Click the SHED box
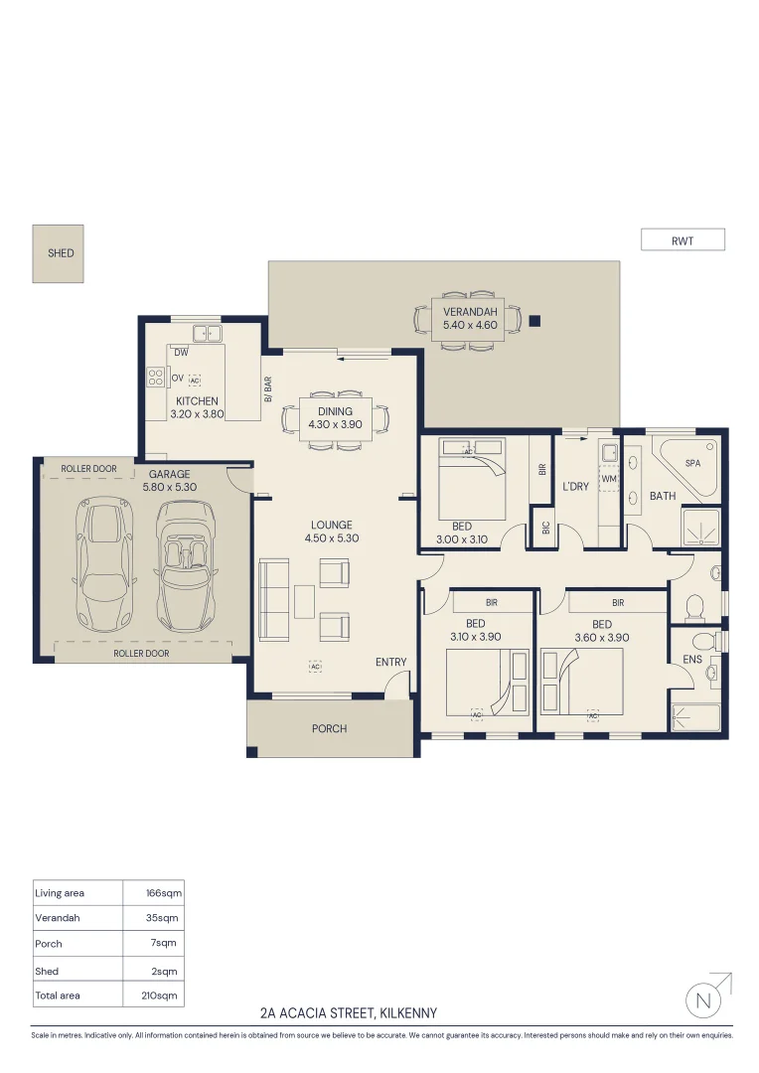[x=61, y=252]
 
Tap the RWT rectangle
[x=683, y=239]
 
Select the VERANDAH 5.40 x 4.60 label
[x=470, y=318]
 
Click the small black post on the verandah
[x=534, y=320]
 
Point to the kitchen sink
[x=208, y=333]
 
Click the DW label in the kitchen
[x=181, y=353]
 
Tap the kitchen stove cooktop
[x=156, y=378]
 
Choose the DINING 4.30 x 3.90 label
[x=335, y=417]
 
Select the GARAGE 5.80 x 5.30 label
[x=169, y=481]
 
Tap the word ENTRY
[x=390, y=662]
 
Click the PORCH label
[x=329, y=728]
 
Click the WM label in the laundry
[x=609, y=479]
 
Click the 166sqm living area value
[x=164, y=893]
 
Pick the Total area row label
[x=58, y=995]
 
